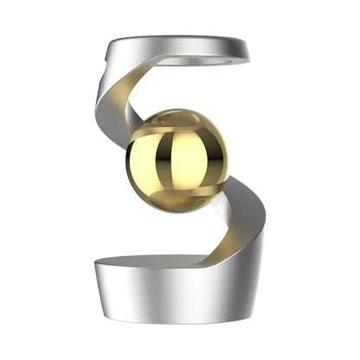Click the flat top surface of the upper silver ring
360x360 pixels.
[x=173, y=46]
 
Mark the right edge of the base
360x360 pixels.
[x=265, y=286]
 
